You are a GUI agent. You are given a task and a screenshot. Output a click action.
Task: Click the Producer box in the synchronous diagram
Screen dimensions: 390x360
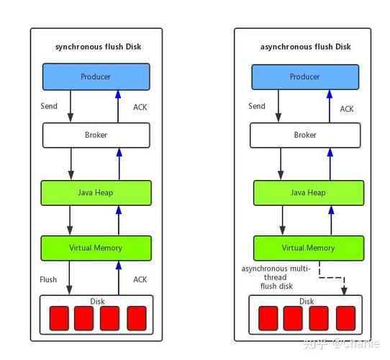(96, 77)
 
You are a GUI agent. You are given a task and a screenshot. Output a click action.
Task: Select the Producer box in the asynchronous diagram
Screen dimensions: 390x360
(305, 77)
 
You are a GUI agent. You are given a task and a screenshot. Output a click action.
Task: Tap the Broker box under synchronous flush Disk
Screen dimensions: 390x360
(96, 135)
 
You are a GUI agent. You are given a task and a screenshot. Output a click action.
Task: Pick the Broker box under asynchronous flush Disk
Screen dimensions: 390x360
(305, 135)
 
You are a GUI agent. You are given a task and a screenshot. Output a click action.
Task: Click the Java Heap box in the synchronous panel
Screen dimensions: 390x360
(96, 193)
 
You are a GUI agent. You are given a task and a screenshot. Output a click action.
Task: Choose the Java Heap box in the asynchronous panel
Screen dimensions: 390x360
(309, 193)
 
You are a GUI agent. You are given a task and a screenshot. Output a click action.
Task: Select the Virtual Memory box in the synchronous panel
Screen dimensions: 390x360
(96, 248)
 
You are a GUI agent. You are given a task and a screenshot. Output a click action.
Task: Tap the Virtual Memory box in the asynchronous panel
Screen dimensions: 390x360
(309, 248)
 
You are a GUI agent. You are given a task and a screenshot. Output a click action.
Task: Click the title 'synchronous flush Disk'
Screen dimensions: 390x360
(99, 47)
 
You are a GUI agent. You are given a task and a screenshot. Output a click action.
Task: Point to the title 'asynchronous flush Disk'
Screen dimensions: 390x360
(305, 47)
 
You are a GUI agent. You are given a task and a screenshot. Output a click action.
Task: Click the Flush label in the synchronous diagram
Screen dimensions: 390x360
(48, 279)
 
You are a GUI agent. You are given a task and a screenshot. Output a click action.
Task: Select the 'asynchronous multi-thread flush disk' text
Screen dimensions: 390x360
(276, 277)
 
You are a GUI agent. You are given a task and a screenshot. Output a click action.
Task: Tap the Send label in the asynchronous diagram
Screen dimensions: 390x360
(257, 106)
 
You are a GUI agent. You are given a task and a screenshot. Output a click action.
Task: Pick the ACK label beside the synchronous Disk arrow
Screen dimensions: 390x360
(140, 279)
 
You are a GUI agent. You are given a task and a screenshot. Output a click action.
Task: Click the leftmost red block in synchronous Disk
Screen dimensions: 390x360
(59, 318)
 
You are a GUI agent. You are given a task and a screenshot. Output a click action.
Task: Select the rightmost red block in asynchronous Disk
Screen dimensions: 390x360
(345, 318)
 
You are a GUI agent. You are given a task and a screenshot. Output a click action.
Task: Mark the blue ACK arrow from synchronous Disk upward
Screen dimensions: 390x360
(119, 278)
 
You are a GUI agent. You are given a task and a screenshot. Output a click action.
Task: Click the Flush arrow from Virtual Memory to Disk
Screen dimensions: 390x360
(69, 278)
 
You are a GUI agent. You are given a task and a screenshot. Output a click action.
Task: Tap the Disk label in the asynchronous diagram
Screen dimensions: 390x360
(307, 302)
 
